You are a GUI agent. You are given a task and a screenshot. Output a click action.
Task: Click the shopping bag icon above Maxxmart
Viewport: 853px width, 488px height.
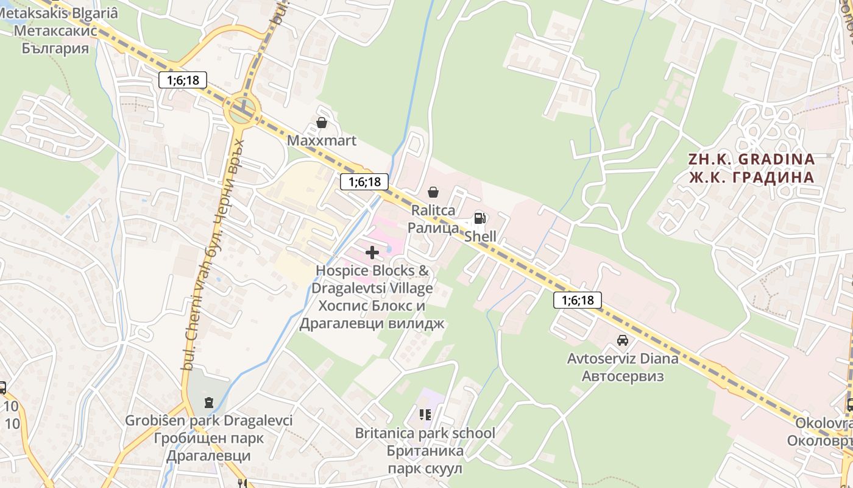[321, 123]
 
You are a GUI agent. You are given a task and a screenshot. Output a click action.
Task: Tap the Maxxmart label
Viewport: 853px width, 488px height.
[321, 141]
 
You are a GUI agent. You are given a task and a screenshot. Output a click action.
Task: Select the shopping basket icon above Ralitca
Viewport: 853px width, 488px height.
[433, 193]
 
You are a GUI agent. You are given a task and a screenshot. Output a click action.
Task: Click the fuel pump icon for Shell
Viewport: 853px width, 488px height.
[480, 219]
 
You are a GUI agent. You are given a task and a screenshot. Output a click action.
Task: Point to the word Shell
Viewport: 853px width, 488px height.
[481, 236]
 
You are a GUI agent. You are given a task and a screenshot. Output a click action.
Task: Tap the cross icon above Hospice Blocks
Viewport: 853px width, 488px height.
[372, 253]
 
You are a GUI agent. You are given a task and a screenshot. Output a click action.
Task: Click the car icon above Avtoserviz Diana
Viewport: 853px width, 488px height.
[622, 340]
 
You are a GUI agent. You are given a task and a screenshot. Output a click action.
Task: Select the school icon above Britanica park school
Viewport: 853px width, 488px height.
[425, 415]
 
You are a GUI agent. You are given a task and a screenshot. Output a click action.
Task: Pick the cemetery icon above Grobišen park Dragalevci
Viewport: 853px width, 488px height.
[209, 403]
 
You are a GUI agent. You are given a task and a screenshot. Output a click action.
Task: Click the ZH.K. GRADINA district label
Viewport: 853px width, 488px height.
[751, 159]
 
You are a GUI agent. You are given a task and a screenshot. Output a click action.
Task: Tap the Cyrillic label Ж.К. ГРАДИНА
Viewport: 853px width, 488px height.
[751, 178]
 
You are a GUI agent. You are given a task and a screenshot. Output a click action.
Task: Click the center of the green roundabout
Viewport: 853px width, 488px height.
[242, 112]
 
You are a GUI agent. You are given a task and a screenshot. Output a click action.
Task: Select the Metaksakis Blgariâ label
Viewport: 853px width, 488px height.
[59, 13]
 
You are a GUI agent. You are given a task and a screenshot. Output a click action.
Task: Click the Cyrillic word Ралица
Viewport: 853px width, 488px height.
[433, 228]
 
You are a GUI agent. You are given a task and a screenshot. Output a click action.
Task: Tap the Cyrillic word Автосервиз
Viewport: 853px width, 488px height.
[623, 376]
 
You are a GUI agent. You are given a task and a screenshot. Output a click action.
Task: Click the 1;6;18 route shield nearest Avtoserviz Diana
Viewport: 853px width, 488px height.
[578, 300]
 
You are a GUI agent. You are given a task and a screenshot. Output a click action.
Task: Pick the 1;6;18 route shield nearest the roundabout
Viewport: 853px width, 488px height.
[183, 80]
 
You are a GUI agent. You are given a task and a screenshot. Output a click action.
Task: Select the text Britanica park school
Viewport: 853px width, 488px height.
[425, 433]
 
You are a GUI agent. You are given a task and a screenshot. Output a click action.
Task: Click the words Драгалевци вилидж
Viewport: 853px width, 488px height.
[372, 323]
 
